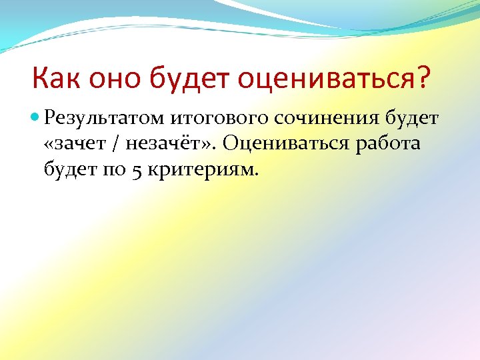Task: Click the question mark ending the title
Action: click(423, 80)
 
